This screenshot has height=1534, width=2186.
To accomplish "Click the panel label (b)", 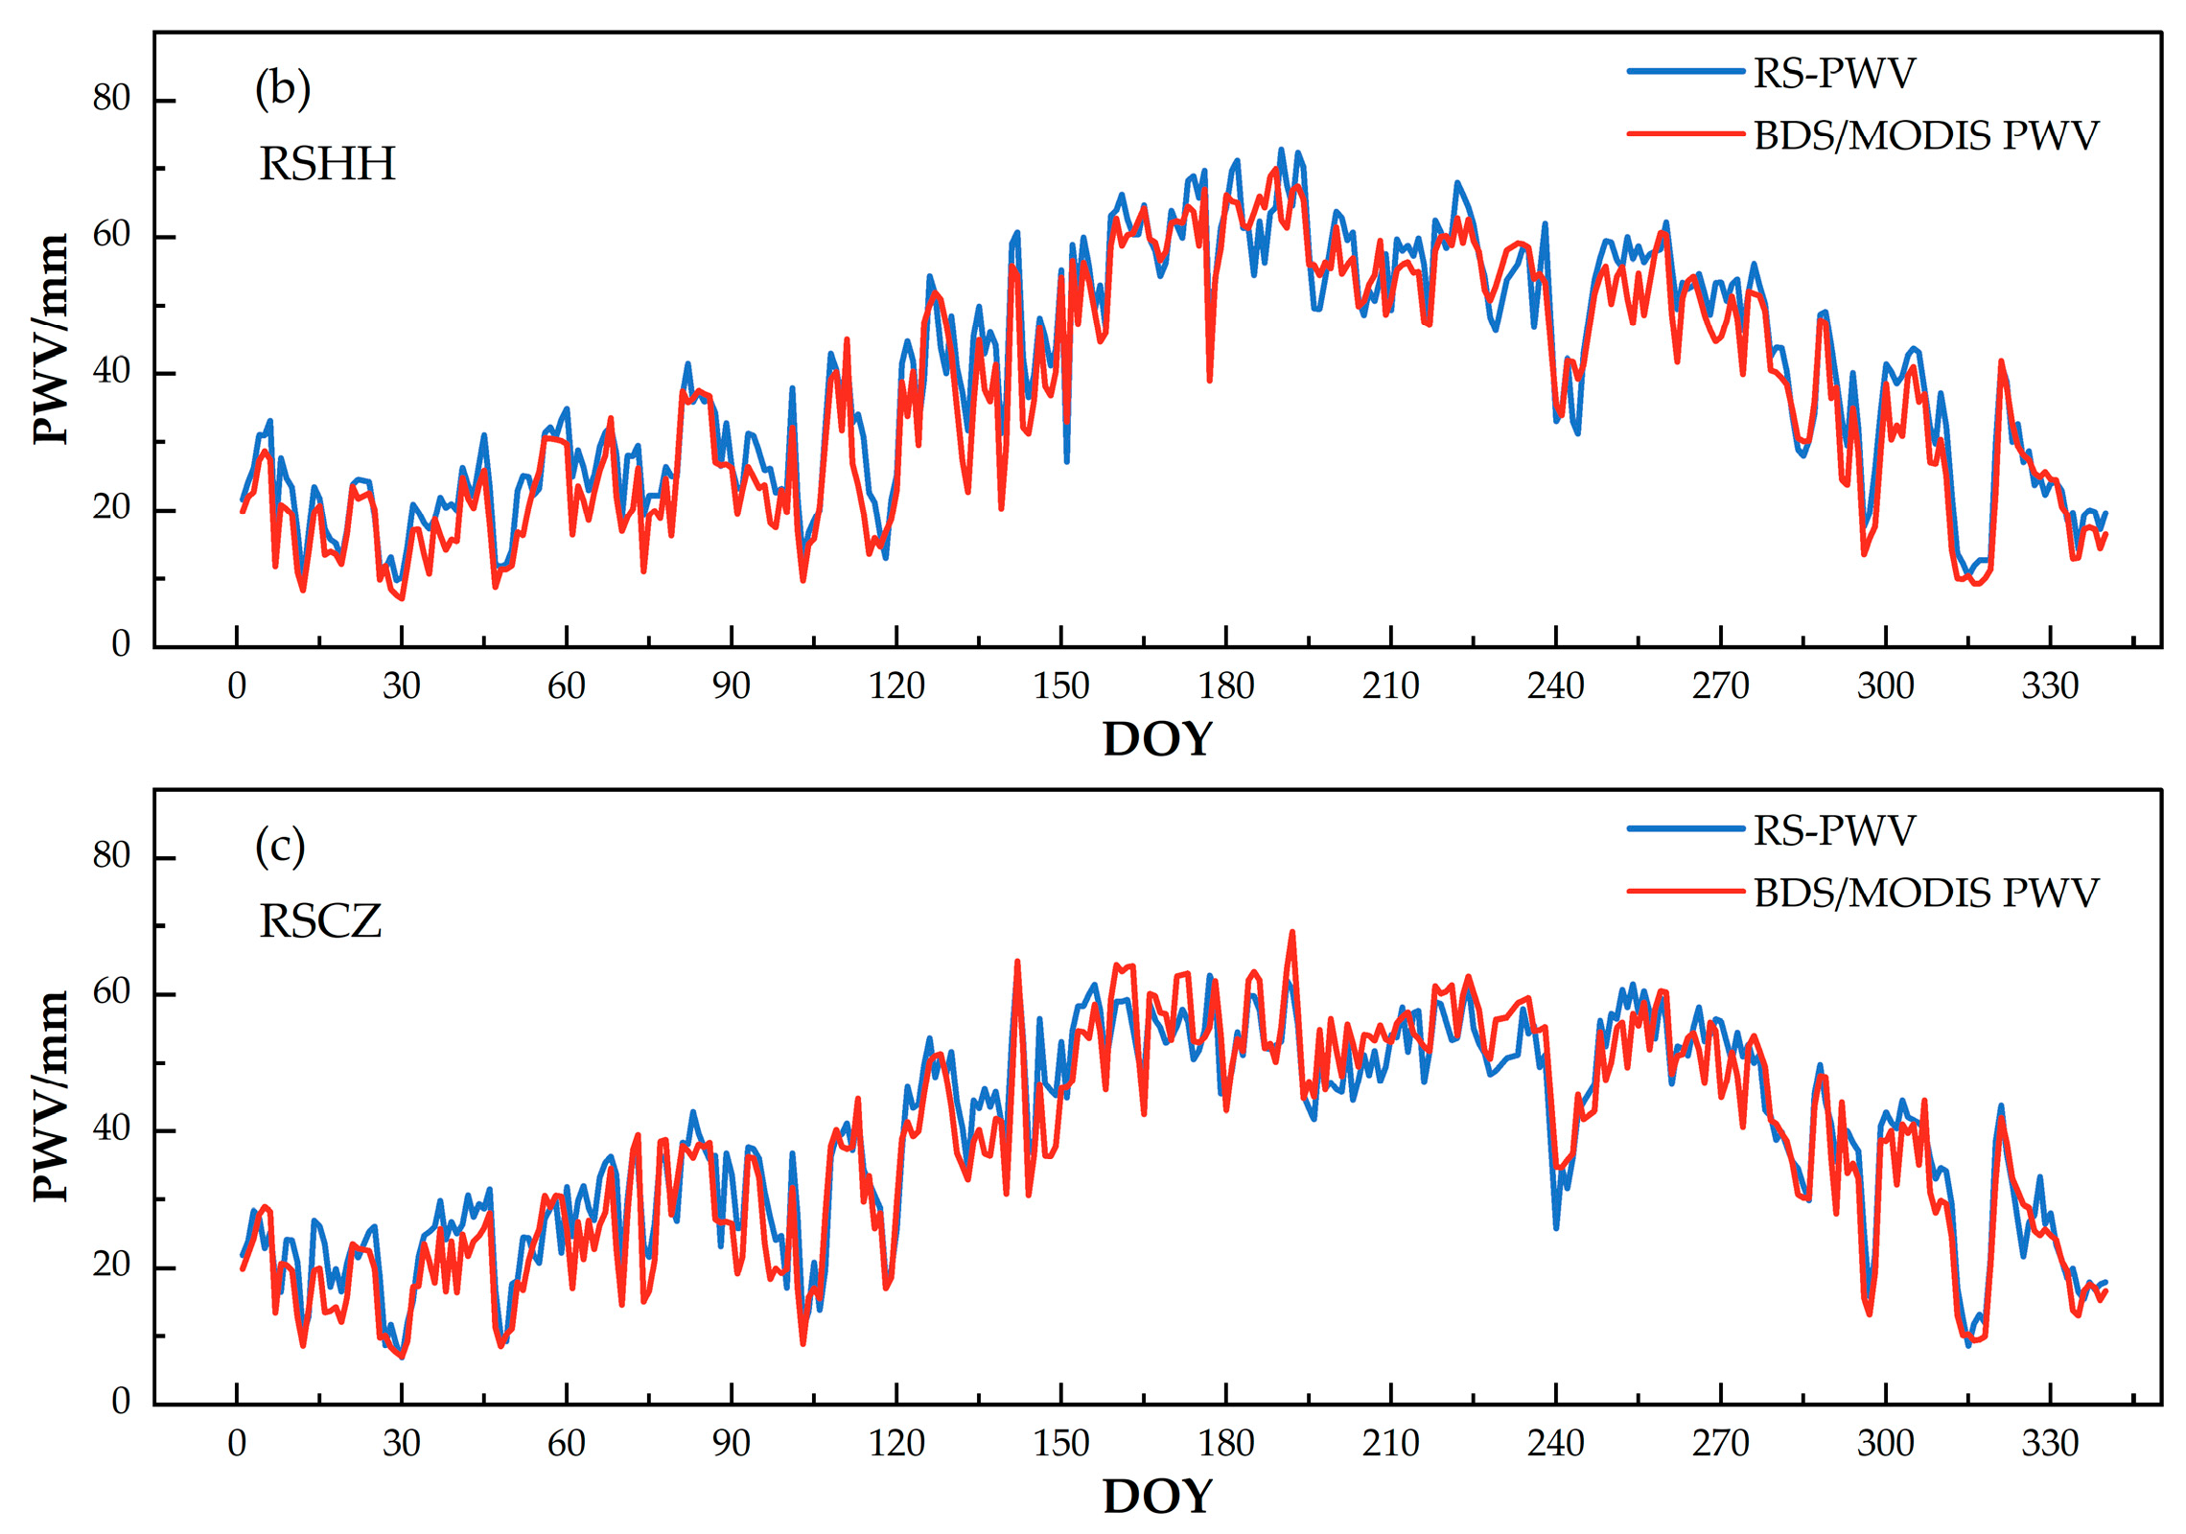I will pos(282,90).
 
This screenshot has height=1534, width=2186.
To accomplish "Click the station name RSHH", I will pos(327,164).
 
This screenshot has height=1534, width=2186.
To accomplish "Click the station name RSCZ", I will pos(320,921).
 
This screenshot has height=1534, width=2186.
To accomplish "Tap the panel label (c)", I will pos(280,848).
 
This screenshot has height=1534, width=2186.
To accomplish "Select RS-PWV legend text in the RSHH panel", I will pos(1833,73).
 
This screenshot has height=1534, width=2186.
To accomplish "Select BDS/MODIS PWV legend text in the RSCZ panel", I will pos(1925,893).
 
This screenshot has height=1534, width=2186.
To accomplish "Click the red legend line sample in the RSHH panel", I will pos(1685,134).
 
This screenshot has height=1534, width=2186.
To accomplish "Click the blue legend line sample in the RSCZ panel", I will pos(1685,829).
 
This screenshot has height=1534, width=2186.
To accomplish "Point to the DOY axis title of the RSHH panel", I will pos(1157,739).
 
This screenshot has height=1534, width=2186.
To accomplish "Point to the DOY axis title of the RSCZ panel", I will pos(1157,1497).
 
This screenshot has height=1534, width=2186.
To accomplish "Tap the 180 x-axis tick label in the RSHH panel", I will pos(1225,686).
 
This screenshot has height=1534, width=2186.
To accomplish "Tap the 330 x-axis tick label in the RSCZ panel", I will pos(2049,1443).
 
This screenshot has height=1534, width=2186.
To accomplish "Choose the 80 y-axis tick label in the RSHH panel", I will pos(111,98).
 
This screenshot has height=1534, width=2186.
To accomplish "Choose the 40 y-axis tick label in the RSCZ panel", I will pos(111,1128).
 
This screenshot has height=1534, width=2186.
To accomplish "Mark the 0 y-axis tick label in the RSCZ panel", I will pos(121,1401).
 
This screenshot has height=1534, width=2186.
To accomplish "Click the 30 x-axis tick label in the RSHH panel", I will pos(401,686).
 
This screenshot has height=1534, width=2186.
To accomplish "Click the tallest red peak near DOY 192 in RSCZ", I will pos(1291,932).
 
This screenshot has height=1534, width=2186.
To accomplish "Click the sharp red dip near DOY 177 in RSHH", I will pos(1210,380).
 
